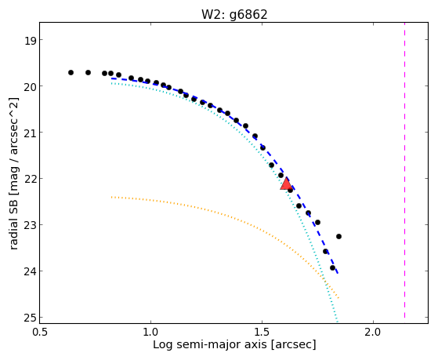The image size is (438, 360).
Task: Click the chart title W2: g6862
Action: [234, 14]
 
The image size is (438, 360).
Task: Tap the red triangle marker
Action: [286, 184]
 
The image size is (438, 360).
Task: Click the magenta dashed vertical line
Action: [404, 170]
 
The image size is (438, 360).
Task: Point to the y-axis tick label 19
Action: [31, 41]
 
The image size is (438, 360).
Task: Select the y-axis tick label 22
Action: [31, 180]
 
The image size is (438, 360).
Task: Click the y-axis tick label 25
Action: [31, 318]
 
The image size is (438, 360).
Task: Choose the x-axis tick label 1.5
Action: [262, 332]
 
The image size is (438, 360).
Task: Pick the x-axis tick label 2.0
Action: [374, 332]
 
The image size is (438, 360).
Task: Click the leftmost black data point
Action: [71, 72]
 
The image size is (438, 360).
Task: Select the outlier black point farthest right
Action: [338, 236]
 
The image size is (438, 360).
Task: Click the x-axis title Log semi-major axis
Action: [210, 344]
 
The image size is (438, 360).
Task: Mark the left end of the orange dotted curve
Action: [112, 197]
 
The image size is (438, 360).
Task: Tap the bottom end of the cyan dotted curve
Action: [337, 322]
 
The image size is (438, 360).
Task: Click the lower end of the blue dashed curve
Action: [338, 273]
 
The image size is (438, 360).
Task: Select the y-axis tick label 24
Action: [31, 272]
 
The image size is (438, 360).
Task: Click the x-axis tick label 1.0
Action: [151, 332]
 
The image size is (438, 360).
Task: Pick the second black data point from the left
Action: [88, 72]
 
